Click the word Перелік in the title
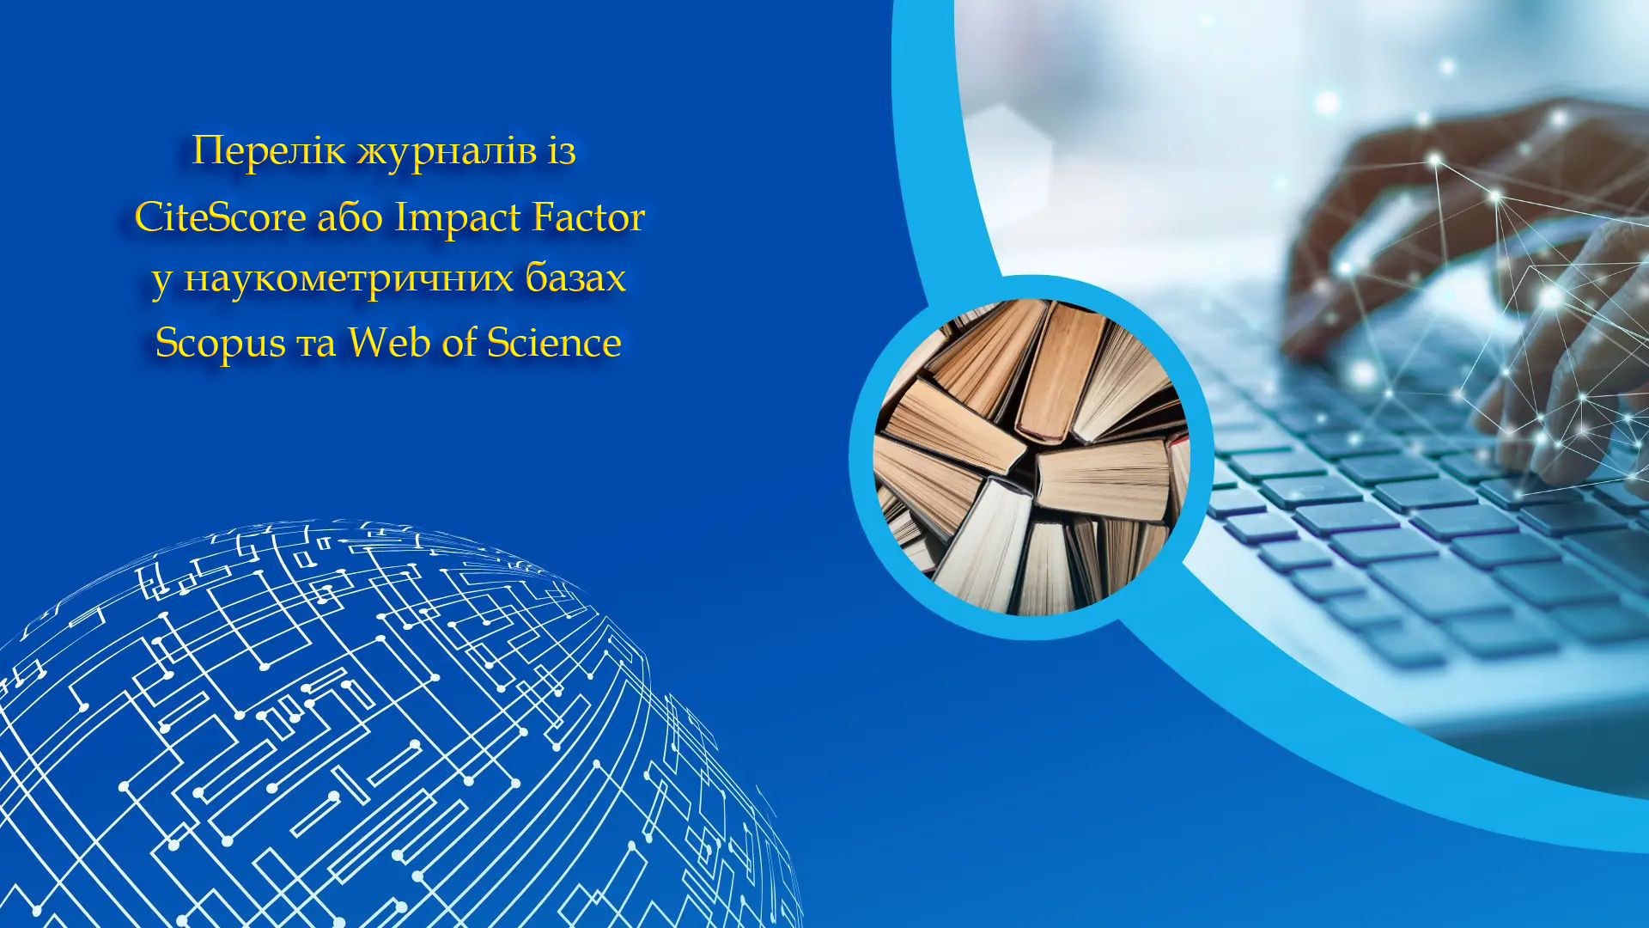[x=269, y=152]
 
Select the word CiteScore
[x=221, y=217]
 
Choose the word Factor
[x=588, y=217]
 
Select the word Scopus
[x=220, y=344]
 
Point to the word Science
[x=554, y=341]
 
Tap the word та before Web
[x=316, y=345]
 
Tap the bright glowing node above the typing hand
[x=1328, y=103]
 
